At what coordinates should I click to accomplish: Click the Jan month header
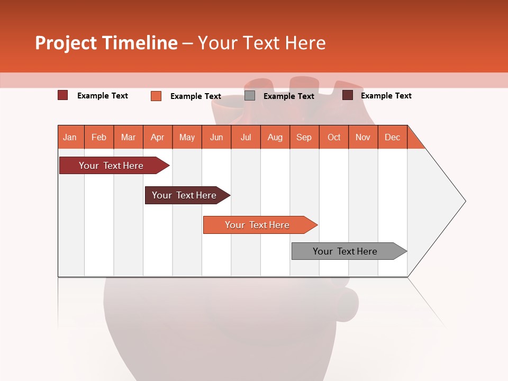pyautogui.click(x=70, y=137)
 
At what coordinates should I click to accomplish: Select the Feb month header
pyautogui.click(x=99, y=137)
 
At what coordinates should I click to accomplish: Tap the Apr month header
pyautogui.click(x=158, y=137)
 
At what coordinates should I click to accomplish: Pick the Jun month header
pyautogui.click(x=216, y=137)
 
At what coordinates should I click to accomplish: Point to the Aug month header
pyautogui.click(x=275, y=137)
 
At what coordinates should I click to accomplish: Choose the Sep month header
pyautogui.click(x=304, y=137)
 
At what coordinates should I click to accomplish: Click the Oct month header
pyautogui.click(x=334, y=137)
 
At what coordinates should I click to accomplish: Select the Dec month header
pyautogui.click(x=393, y=137)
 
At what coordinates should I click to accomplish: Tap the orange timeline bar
pyautogui.click(x=258, y=225)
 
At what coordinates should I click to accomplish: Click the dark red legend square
pyautogui.click(x=63, y=95)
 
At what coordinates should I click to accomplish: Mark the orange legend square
pyautogui.click(x=156, y=96)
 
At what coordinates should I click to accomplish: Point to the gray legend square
pyautogui.click(x=250, y=96)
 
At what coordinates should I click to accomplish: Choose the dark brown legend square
pyautogui.click(x=348, y=95)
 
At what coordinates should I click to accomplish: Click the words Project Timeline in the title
pyautogui.click(x=106, y=43)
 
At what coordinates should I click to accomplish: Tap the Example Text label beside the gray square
pyautogui.click(x=289, y=96)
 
